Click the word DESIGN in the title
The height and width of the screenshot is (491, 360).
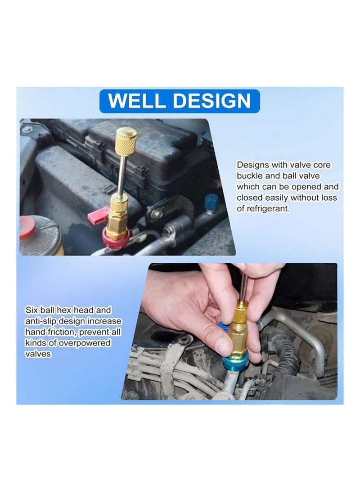211,101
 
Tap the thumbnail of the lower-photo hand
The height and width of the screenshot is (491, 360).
223,346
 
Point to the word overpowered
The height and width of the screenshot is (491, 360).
85,343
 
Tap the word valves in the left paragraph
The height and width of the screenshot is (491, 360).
38,354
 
